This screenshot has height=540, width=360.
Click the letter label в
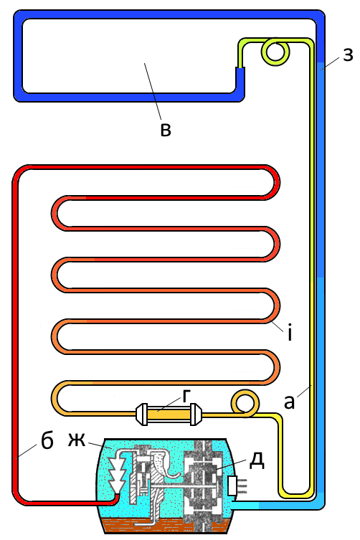click(x=166, y=131)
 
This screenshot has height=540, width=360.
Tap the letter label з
click(x=348, y=55)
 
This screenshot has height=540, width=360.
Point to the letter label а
click(x=290, y=402)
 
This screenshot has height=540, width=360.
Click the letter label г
click(x=186, y=396)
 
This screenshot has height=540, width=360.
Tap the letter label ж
click(x=76, y=440)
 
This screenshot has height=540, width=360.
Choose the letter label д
click(x=257, y=461)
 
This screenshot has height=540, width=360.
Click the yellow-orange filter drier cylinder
click(x=169, y=414)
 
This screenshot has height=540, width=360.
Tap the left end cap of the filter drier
click(x=141, y=414)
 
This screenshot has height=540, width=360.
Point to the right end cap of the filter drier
click(x=196, y=414)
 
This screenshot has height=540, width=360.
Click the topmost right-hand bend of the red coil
click(x=275, y=183)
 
